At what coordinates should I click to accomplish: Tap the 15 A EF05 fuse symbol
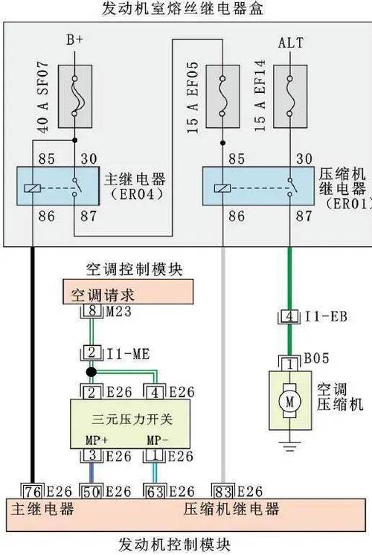coord(222,92)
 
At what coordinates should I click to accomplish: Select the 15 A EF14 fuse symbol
coord(289,92)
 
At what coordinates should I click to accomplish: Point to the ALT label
coord(290,42)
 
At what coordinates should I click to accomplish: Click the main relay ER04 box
coord(56,187)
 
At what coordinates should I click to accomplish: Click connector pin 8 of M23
coord(90,311)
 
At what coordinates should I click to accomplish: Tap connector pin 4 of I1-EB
coord(289,317)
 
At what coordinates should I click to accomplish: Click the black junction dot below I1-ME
coord(90,371)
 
